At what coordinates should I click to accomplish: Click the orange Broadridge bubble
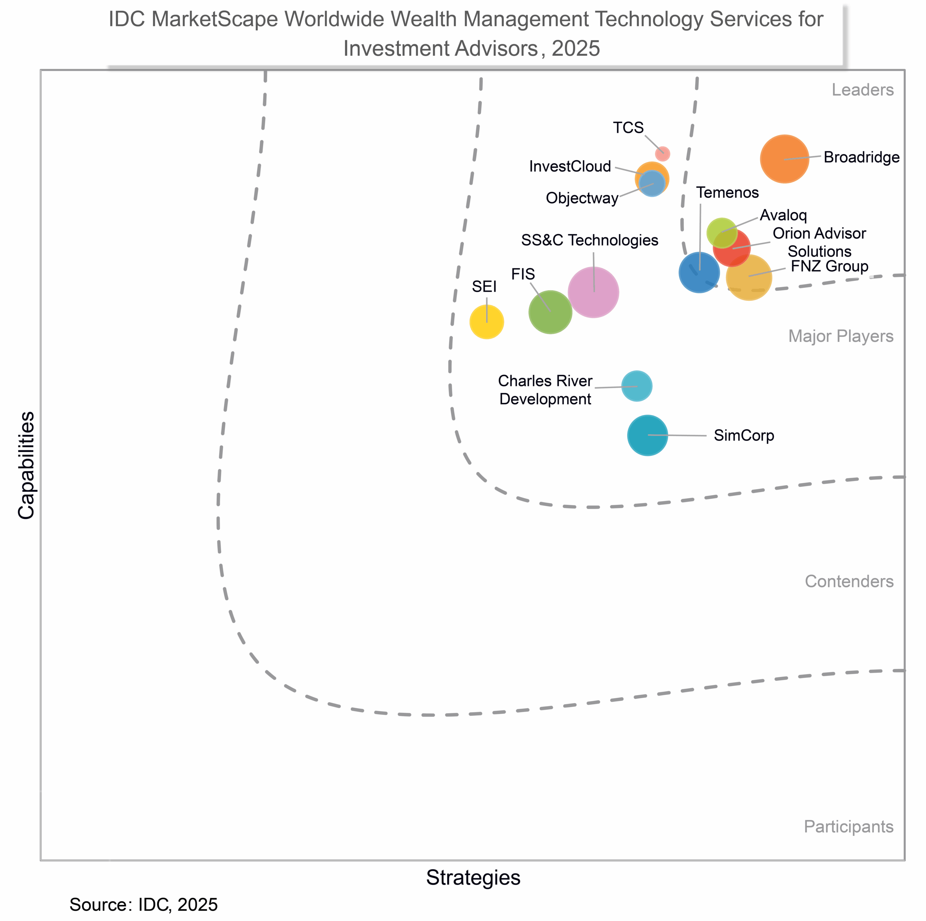(x=784, y=159)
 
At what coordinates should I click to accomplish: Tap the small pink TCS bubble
(x=662, y=153)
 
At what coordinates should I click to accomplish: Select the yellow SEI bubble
(x=487, y=322)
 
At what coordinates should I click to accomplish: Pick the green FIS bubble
(x=550, y=312)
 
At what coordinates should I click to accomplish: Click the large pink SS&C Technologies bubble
(x=593, y=292)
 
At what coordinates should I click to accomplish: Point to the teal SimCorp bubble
(x=647, y=435)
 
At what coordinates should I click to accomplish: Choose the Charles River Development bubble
(x=637, y=385)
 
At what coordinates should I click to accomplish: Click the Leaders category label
(x=862, y=90)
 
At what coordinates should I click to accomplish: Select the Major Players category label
(x=841, y=336)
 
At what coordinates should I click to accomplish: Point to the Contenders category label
(x=849, y=581)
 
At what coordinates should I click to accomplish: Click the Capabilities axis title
(x=26, y=465)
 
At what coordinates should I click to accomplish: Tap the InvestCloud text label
(x=570, y=166)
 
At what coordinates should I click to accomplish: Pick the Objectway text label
(x=582, y=198)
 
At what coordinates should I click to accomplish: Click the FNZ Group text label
(x=829, y=266)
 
